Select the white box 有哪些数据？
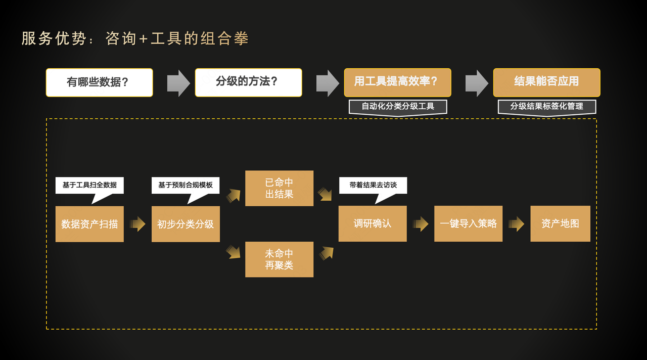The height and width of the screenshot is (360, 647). [99, 82]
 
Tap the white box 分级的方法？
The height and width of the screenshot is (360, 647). [248, 82]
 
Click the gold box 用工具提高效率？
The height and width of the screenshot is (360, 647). [397, 82]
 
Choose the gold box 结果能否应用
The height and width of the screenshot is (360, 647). [546, 82]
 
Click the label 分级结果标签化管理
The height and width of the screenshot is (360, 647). [546, 107]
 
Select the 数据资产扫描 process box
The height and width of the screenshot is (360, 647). [89, 224]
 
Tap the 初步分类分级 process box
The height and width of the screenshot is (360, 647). [186, 224]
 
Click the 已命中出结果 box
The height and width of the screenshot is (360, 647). [279, 188]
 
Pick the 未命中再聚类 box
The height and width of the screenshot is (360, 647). [279, 259]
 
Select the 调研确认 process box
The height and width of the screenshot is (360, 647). [373, 223]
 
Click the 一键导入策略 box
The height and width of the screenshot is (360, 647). [468, 223]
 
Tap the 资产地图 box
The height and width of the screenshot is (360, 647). [560, 223]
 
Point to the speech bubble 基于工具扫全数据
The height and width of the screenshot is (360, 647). [89, 185]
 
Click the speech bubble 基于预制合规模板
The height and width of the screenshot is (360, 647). [186, 185]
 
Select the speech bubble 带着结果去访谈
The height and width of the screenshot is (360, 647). [373, 185]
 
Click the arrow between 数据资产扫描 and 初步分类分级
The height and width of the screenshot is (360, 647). [137, 224]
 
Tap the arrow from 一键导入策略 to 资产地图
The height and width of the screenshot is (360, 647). [516, 224]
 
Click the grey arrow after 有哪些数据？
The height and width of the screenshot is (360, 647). [178, 83]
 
